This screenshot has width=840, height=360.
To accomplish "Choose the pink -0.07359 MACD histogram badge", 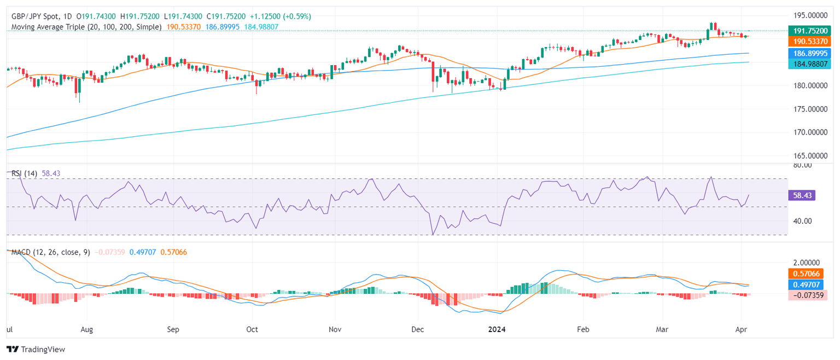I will (807, 295).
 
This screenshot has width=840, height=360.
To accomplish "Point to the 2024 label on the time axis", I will (505, 330).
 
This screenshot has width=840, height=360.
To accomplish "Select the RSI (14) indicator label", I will (24, 173).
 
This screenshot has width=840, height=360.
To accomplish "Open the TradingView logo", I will (36, 349).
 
